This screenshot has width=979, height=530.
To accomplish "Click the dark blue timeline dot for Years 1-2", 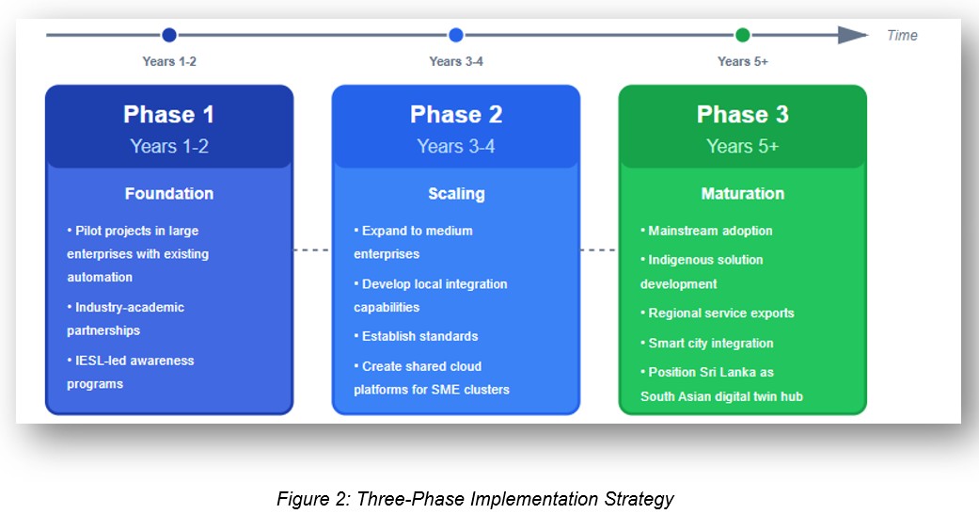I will pos(169,35).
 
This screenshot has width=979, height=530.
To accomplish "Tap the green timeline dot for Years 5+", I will pos(743,35).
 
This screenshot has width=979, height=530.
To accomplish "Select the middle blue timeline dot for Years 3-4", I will pos(456,35).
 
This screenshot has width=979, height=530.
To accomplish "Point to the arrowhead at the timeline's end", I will pos(852,35).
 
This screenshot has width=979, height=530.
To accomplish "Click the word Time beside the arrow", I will pos(902,36).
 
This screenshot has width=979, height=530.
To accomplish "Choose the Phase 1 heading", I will pos(169,115).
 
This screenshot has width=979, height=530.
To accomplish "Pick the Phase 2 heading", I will pos(456,115).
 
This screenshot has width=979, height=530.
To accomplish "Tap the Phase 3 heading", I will pos(743,115).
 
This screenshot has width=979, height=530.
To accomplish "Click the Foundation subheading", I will pos(169,194).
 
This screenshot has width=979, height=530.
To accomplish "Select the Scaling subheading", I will pos(456,194).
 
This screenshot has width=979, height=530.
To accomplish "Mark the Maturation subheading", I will pos(743,194).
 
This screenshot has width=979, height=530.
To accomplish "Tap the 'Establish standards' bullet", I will pos(419,336).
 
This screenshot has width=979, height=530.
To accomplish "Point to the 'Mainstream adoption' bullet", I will pos(709,231).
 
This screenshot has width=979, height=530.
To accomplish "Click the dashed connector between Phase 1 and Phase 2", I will pos(312,250).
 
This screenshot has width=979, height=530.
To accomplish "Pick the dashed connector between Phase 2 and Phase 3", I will pos(599,250).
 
